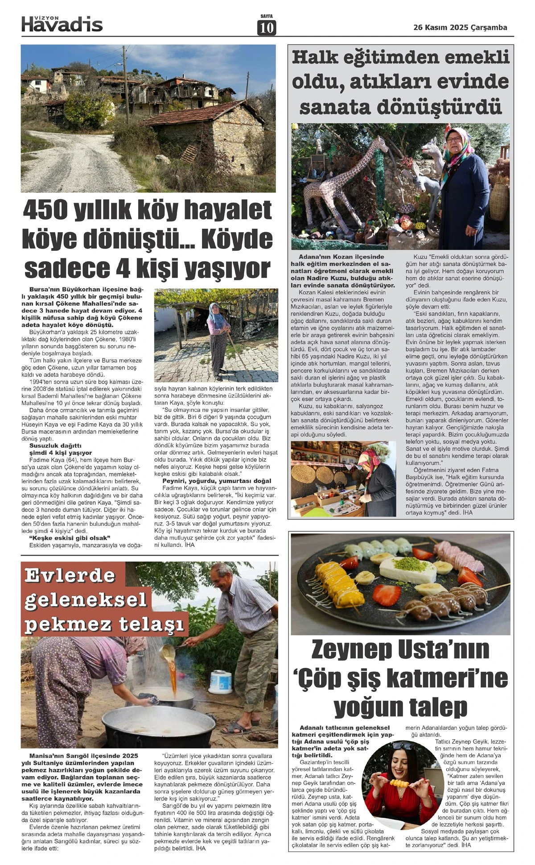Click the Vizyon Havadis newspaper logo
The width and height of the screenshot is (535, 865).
tap(62, 23)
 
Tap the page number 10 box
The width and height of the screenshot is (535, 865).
tap(267, 28)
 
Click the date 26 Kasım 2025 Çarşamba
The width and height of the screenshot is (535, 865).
tap(460, 27)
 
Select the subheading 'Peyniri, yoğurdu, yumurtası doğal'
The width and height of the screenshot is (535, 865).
tap(217, 481)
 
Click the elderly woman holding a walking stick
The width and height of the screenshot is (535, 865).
tap(218, 337)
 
